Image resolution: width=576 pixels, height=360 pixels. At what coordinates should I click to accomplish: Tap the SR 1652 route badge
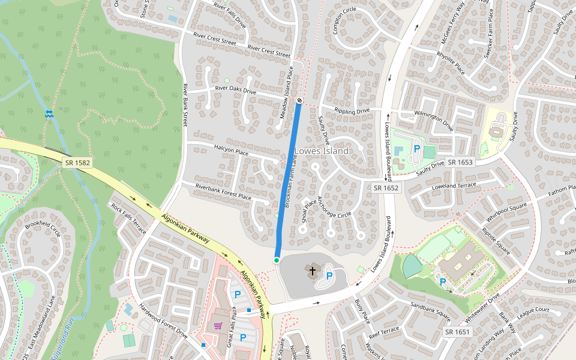coord(386,188)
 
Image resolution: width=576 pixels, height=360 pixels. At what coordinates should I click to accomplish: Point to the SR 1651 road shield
coord(457,332)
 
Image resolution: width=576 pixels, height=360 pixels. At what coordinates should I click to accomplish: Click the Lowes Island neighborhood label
coord(321,151)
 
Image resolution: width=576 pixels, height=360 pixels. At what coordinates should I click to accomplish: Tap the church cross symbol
coord(312,271)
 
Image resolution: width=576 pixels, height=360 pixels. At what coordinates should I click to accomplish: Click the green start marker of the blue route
coord(277,260)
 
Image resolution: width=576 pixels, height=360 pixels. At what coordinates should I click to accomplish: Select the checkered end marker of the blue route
coord(299,100)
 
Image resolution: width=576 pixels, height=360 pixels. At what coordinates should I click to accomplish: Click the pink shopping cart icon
coord(218,326)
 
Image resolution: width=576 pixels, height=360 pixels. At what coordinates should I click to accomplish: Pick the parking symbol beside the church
coord(329,275)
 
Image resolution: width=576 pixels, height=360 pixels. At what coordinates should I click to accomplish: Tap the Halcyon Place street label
coord(231,150)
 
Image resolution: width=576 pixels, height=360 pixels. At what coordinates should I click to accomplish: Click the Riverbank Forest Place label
coord(223,192)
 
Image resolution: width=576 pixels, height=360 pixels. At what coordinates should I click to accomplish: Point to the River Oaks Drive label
coord(235,91)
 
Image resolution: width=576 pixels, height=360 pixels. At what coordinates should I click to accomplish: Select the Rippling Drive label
coord(352,111)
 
